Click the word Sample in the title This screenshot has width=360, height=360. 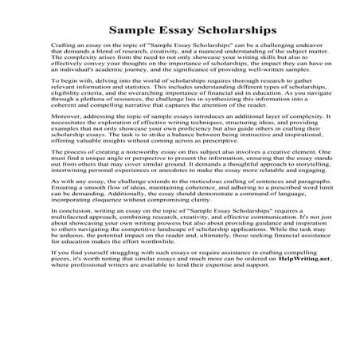coord(132,29)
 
